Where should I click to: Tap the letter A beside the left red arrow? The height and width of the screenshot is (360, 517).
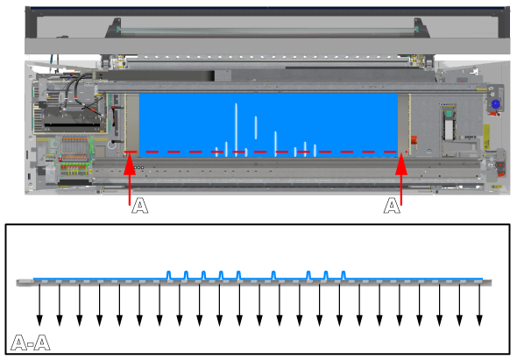tap(140, 206)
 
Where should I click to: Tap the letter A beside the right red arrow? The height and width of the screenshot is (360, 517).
tap(392, 206)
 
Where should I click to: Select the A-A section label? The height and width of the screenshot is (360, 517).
tap(31, 342)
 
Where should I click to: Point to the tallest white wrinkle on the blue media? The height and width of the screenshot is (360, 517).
tap(236, 130)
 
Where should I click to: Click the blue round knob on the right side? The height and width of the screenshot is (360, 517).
tap(495, 104)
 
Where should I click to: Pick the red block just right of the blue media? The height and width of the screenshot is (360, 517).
tap(414, 140)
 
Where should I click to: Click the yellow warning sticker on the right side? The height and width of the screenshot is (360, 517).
tap(486, 137)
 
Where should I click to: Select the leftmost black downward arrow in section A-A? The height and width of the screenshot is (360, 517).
tap(39, 304)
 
